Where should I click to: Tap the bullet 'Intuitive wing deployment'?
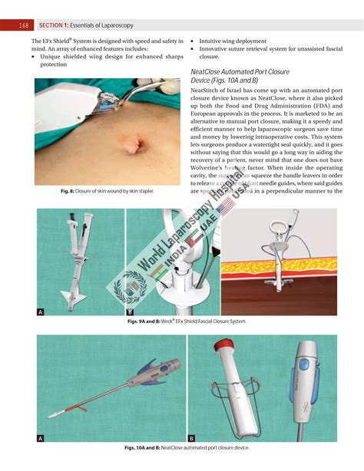(x=233, y=41)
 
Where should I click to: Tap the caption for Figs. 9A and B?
(x=187, y=321)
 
